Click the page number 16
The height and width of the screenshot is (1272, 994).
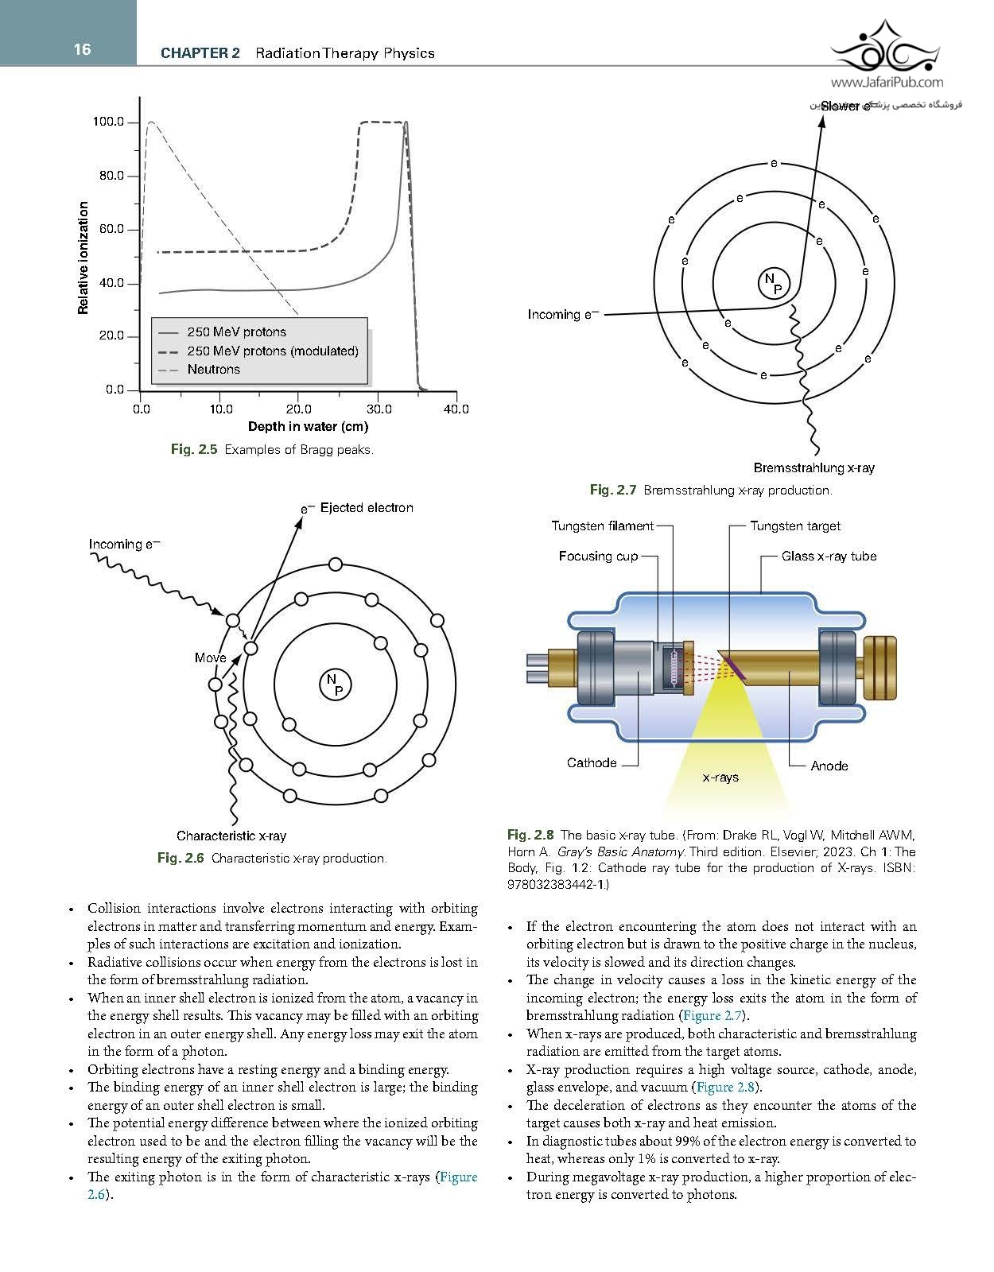point(83,49)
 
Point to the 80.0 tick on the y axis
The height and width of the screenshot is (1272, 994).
point(111,176)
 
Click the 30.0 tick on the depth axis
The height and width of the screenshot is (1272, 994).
point(379,409)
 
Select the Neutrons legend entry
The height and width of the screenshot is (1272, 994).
point(214,370)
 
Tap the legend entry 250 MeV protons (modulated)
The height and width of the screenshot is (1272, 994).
point(273,351)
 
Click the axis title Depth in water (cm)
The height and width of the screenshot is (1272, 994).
point(309,426)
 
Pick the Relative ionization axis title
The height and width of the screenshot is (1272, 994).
point(83,258)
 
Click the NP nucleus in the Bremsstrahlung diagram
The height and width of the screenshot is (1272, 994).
point(774,283)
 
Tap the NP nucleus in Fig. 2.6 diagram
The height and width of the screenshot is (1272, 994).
point(335,684)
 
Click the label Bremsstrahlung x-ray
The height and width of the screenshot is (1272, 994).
point(813,467)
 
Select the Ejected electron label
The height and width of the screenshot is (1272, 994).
point(367,507)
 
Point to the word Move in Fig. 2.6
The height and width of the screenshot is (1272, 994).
point(210,657)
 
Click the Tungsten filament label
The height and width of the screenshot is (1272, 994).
point(603,525)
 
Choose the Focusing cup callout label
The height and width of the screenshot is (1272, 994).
point(598,556)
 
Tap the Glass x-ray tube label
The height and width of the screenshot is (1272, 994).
point(829,556)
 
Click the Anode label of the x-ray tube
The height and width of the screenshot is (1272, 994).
point(829,766)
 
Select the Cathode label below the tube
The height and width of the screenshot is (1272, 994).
point(592,762)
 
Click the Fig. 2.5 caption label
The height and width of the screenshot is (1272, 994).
point(194,449)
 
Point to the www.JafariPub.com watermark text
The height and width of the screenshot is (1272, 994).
point(887,83)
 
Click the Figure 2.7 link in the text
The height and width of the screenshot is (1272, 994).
point(712,1015)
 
